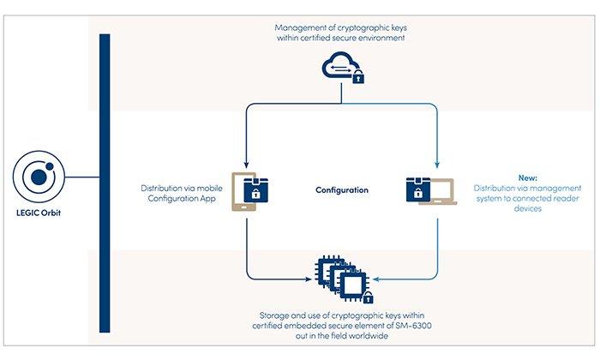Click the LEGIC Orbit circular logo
tap(38, 177)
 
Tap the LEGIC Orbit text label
tap(38, 211)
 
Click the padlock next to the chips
tap(367, 298)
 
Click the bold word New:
tap(527, 177)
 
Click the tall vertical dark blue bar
tap(105, 183)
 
